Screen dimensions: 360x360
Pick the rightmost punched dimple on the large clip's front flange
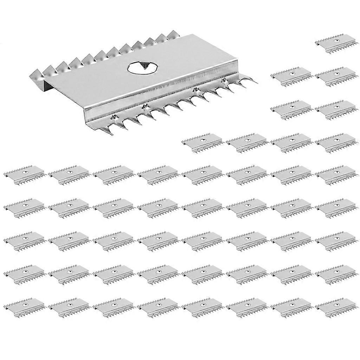222,81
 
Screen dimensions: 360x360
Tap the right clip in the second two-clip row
335,109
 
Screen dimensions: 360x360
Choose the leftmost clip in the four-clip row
202,142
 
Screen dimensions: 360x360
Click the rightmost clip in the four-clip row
335,142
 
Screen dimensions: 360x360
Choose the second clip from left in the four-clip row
247,142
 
